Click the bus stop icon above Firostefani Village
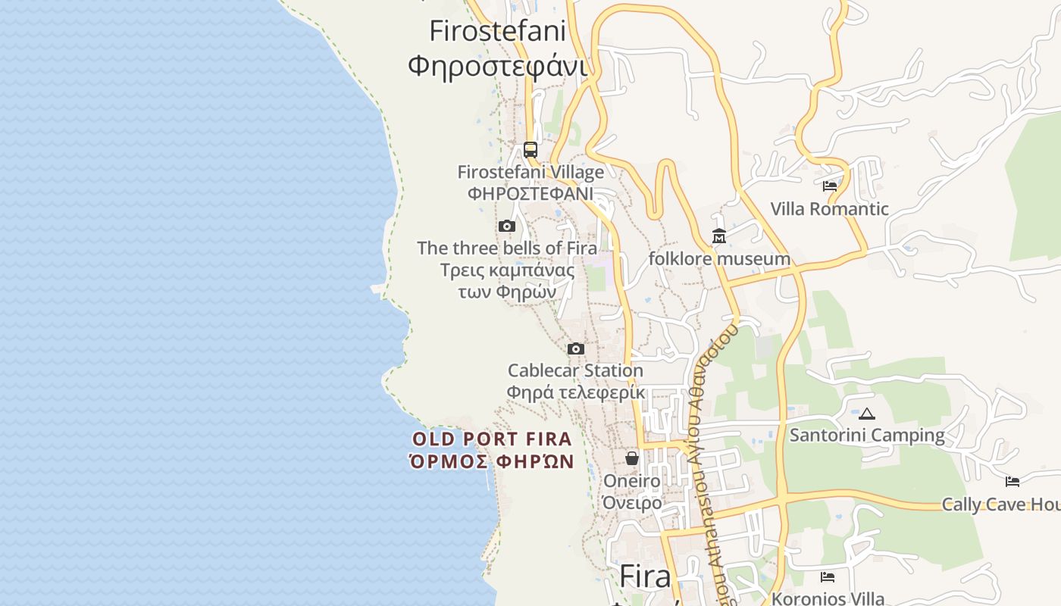click(530, 149)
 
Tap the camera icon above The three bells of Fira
click(507, 226)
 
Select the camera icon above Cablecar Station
click(576, 348)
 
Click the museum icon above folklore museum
click(719, 236)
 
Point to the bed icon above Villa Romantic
click(830, 186)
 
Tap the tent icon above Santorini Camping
click(867, 414)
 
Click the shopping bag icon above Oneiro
click(632, 458)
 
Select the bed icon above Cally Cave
click(1012, 481)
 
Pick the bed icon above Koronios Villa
click(828, 577)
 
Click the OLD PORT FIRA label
click(492, 439)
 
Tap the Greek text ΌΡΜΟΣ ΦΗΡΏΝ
click(492, 461)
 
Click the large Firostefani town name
click(497, 31)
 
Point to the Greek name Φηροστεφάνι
click(497, 66)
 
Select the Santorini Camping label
click(867, 436)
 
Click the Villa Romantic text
click(829, 209)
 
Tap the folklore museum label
click(719, 259)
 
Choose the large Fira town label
click(645, 576)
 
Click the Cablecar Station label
click(575, 370)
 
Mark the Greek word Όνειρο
click(632, 502)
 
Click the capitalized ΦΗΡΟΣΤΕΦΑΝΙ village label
click(530, 193)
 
